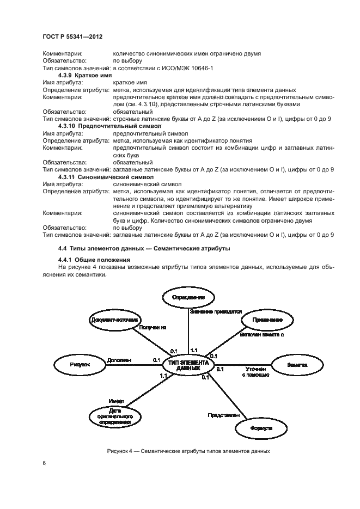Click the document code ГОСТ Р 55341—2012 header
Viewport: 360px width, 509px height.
click(72, 36)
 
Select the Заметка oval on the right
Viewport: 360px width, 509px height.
click(297, 365)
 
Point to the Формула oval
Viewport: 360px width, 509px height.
click(261, 428)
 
